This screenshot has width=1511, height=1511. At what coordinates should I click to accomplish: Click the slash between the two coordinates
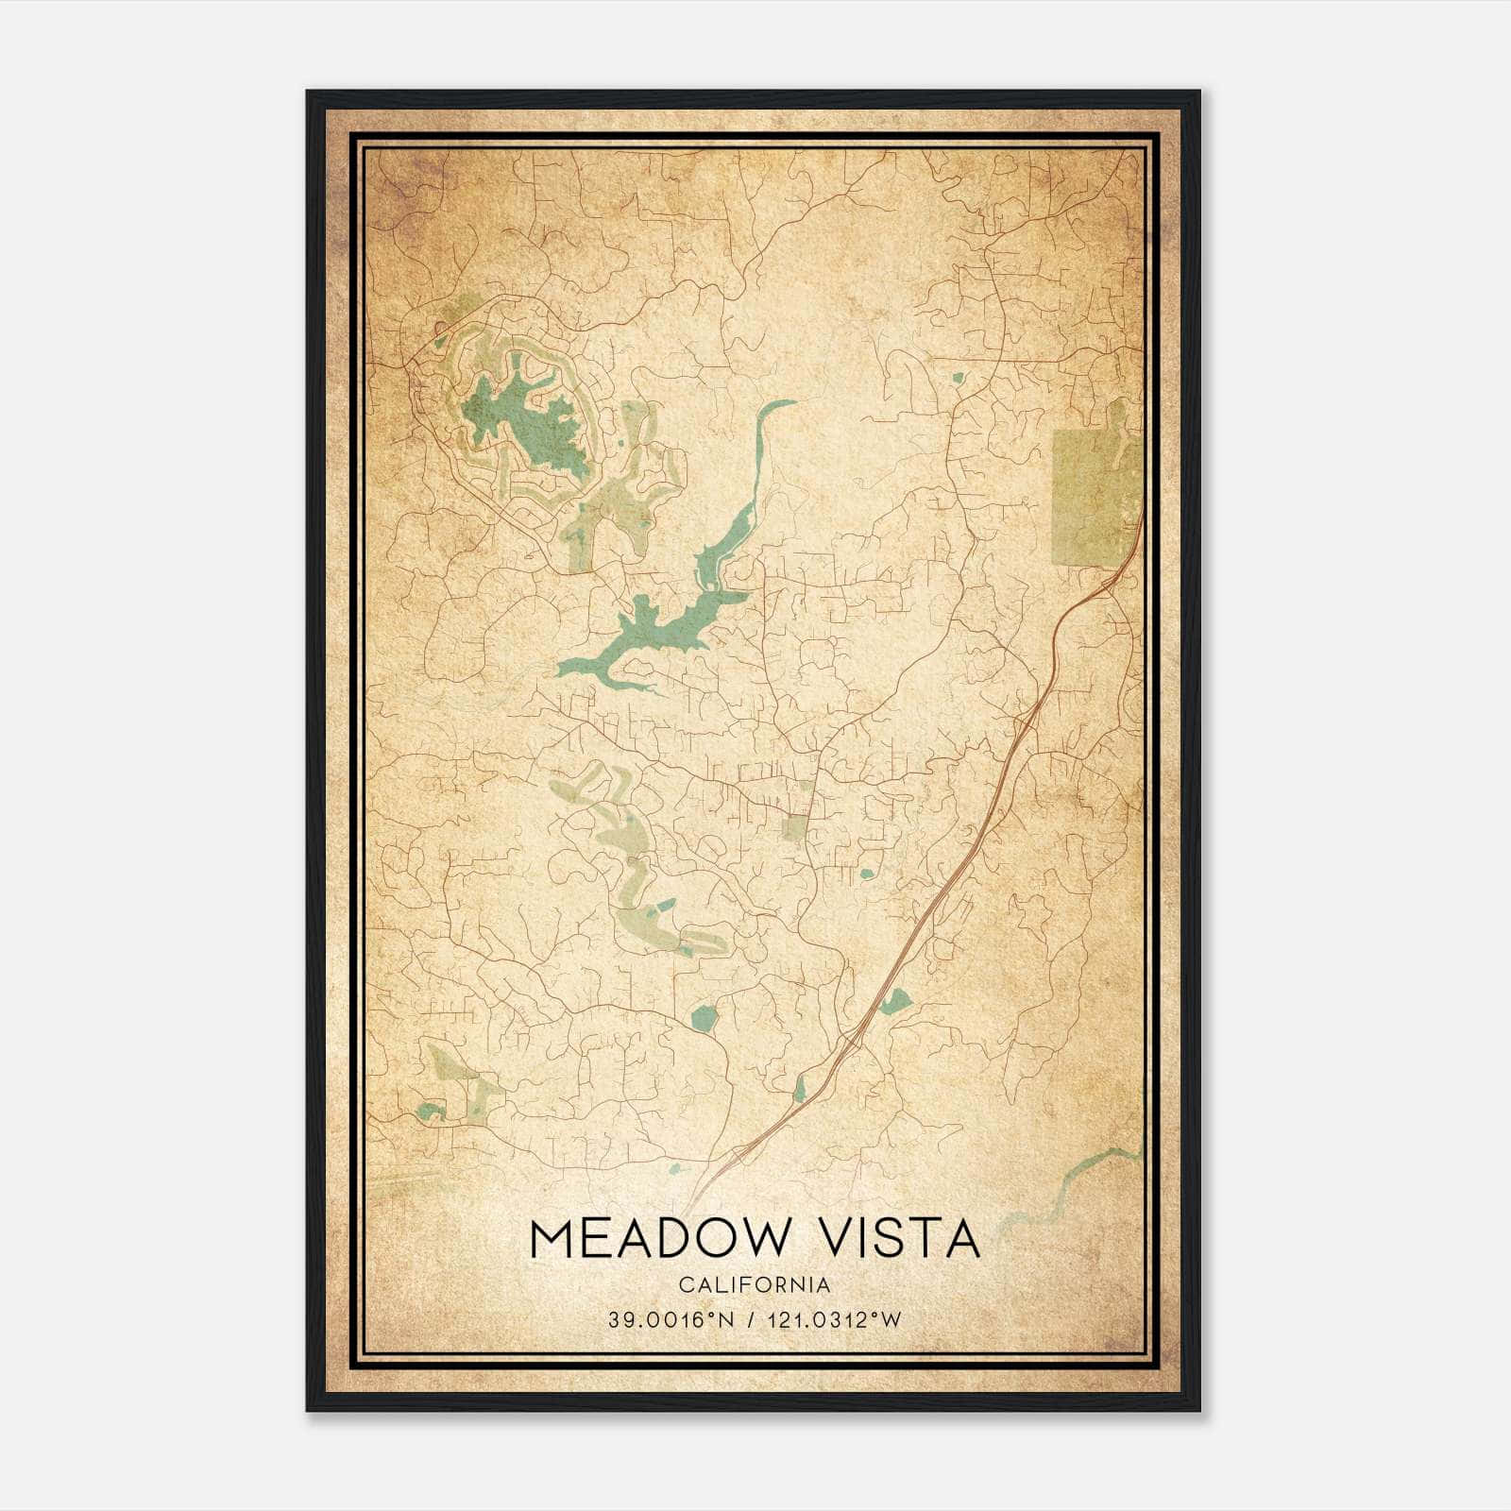[x=750, y=1320]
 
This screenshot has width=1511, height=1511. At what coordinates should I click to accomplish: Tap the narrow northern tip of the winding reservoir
[x=779, y=405]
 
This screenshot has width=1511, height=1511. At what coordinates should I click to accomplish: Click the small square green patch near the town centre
[x=795, y=828]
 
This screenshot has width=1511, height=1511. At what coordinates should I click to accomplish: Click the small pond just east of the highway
[x=895, y=999]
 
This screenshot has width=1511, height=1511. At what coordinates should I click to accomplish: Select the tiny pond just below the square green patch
[x=866, y=874]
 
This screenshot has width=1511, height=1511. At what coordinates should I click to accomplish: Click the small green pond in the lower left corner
[x=431, y=1111]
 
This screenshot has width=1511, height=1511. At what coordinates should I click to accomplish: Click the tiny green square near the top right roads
[x=958, y=379]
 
